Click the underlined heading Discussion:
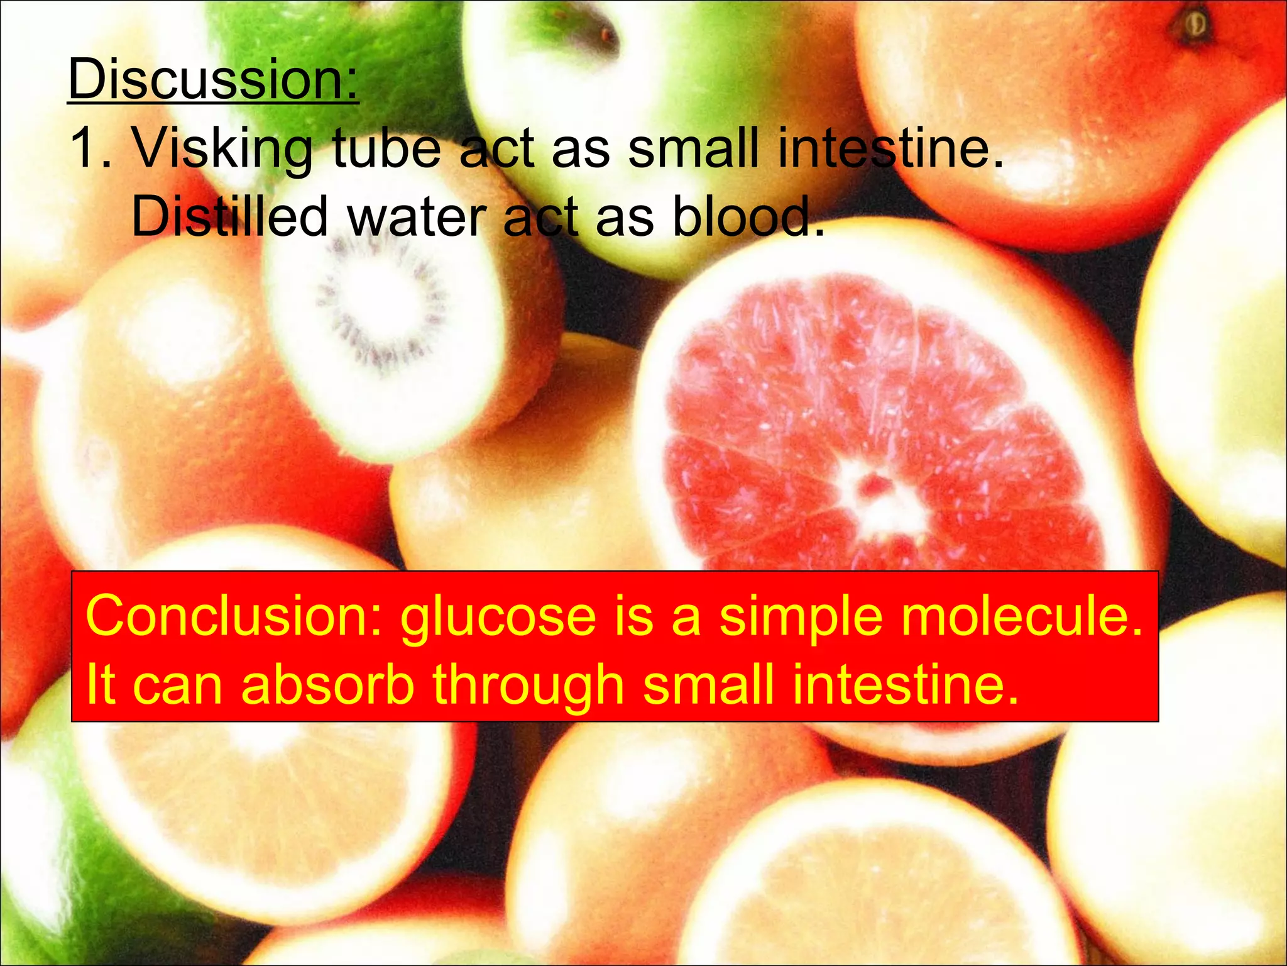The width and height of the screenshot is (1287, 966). point(213,80)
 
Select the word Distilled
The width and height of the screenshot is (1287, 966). point(229,217)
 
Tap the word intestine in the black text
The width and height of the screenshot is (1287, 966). point(889,150)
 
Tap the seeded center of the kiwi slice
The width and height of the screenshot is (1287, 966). point(380,302)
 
